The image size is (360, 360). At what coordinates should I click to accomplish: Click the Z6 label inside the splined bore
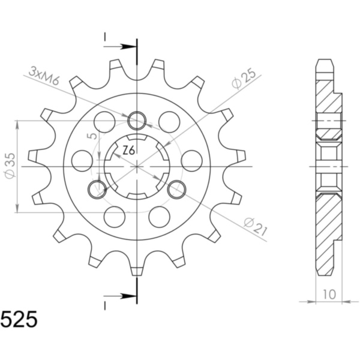128,151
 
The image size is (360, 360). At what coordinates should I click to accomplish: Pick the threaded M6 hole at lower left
96,190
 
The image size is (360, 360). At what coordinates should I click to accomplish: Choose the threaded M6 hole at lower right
176,190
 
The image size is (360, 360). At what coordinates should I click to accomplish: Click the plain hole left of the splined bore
81,160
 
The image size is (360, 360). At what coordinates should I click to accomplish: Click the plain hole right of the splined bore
191,160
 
